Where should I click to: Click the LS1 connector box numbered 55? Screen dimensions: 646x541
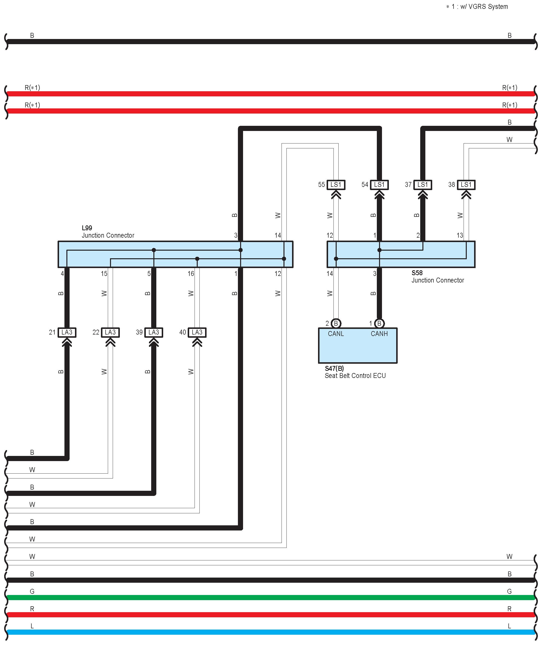pos(336,185)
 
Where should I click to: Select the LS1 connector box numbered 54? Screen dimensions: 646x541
pos(379,185)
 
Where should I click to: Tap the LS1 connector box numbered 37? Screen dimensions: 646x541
pos(423,185)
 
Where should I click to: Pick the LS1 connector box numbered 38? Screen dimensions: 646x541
pos(466,185)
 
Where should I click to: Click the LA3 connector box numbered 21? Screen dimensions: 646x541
pos(67,333)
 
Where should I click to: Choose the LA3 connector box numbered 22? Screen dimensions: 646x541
pos(110,333)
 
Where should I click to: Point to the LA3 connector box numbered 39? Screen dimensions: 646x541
pos(154,333)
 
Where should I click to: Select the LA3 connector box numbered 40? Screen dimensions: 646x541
pos(197,333)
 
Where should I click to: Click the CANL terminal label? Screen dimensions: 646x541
pos(336,334)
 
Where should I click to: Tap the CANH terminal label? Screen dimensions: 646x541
pos(379,334)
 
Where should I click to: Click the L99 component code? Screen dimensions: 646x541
pos(87,228)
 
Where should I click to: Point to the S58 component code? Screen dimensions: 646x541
pos(417,273)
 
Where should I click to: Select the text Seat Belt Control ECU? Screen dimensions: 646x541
pos(355,375)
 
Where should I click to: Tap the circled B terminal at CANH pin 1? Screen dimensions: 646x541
pos(379,323)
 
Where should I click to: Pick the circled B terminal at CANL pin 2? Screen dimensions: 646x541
pos(336,323)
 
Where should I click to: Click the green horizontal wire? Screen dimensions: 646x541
pos(270,598)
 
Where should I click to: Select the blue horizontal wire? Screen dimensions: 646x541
pos(270,632)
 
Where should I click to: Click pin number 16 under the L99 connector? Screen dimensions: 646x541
pos(191,273)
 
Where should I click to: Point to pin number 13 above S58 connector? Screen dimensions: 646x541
pos(460,235)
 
